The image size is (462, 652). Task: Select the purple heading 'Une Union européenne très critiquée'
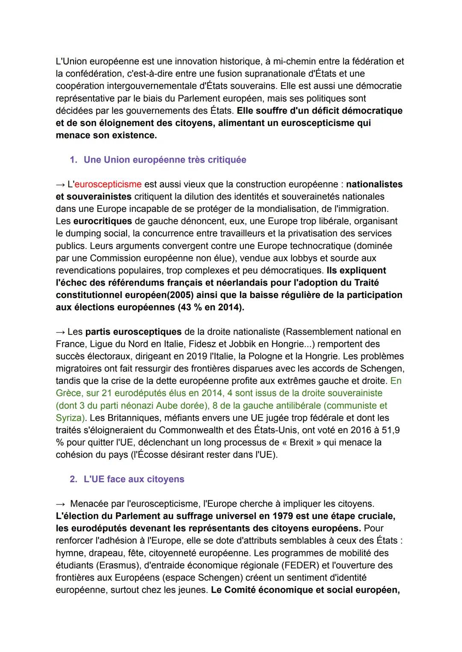tap(165, 159)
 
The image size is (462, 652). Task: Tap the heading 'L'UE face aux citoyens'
tap(133, 479)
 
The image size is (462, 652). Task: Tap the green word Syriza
tap(69, 417)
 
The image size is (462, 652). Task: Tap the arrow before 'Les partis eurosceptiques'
tap(60, 332)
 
